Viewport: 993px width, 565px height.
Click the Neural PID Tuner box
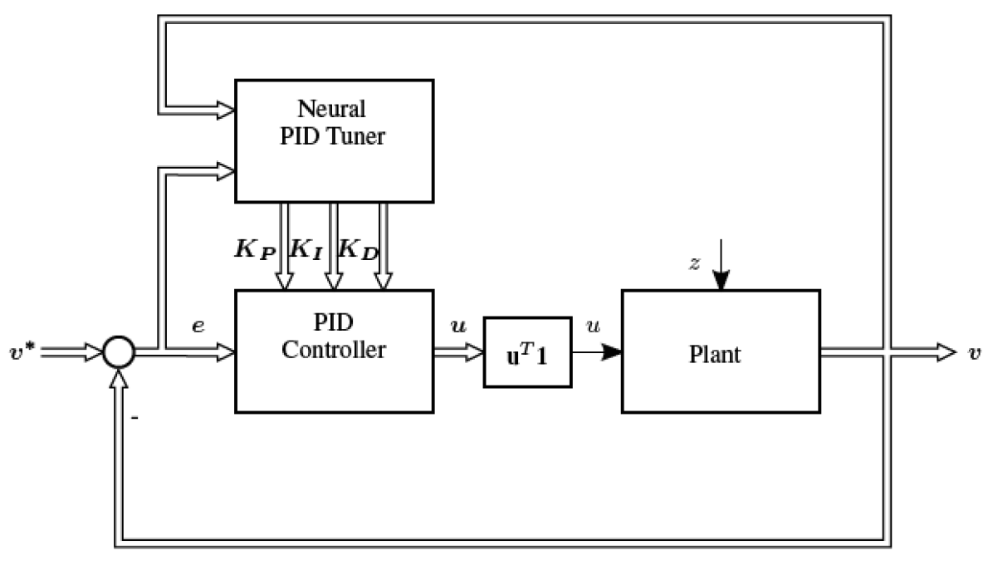(334, 140)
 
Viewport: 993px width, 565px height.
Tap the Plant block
(721, 351)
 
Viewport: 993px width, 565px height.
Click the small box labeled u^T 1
(527, 352)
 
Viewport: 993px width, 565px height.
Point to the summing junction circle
(119, 352)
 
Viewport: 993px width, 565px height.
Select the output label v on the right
(973, 352)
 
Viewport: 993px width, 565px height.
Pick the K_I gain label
(306, 249)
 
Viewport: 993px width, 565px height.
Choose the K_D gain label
(358, 249)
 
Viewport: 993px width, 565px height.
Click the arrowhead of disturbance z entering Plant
(720, 282)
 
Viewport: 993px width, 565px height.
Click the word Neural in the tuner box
(334, 109)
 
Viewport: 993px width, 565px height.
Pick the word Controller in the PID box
(334, 350)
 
